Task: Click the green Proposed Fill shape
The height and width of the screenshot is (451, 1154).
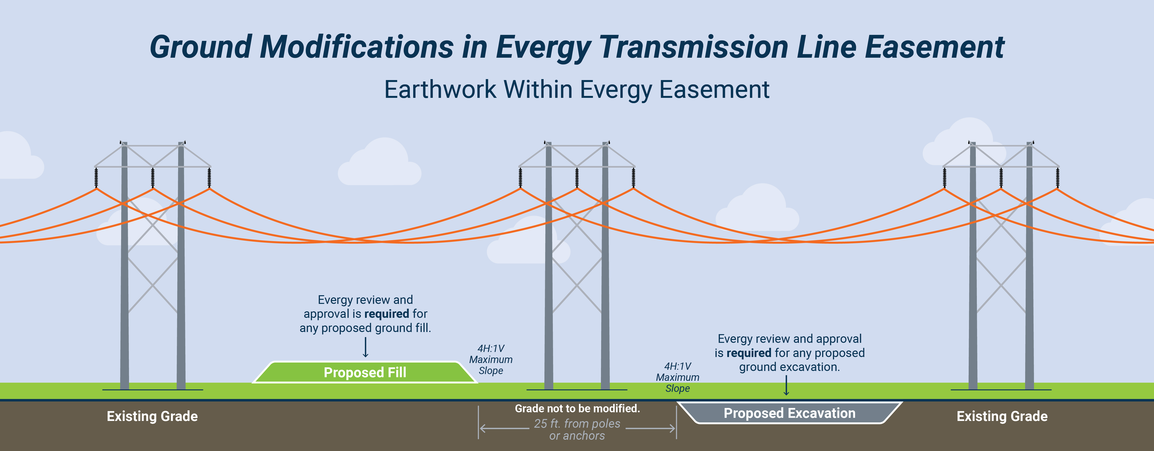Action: click(x=365, y=372)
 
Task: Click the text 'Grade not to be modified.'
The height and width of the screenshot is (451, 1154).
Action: click(x=577, y=408)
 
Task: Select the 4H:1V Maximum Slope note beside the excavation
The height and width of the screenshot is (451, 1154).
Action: click(x=677, y=377)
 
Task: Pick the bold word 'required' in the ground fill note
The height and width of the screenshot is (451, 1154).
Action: click(x=387, y=313)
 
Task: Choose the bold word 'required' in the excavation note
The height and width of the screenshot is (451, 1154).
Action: click(x=749, y=353)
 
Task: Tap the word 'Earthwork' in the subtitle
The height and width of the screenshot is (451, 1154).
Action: click(x=440, y=90)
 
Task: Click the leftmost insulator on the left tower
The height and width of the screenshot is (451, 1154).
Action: click(x=96, y=178)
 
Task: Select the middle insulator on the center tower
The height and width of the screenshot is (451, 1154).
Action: click(x=577, y=178)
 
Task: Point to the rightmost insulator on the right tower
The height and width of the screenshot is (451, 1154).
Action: click(x=1058, y=178)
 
